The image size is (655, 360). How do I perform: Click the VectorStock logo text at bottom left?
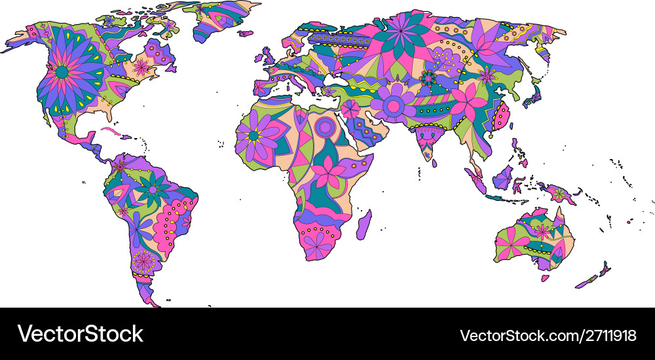80,334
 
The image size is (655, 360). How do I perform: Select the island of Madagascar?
364,224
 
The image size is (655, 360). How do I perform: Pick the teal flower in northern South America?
153,189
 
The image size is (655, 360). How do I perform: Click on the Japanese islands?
532,97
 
